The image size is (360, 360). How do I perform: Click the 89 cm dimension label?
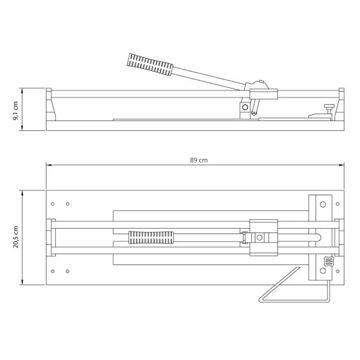(199, 160)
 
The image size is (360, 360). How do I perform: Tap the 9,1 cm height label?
(15, 111)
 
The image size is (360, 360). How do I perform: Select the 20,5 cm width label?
(15, 237)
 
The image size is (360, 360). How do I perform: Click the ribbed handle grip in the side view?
(150, 64)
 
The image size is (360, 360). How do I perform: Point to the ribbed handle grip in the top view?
(151, 238)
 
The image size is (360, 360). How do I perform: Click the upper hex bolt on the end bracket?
(323, 204)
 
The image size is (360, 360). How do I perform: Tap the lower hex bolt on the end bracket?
(323, 271)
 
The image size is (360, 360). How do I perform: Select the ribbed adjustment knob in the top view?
(328, 261)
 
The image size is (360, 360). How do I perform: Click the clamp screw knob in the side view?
(329, 108)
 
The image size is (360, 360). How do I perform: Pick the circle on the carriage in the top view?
(260, 238)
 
